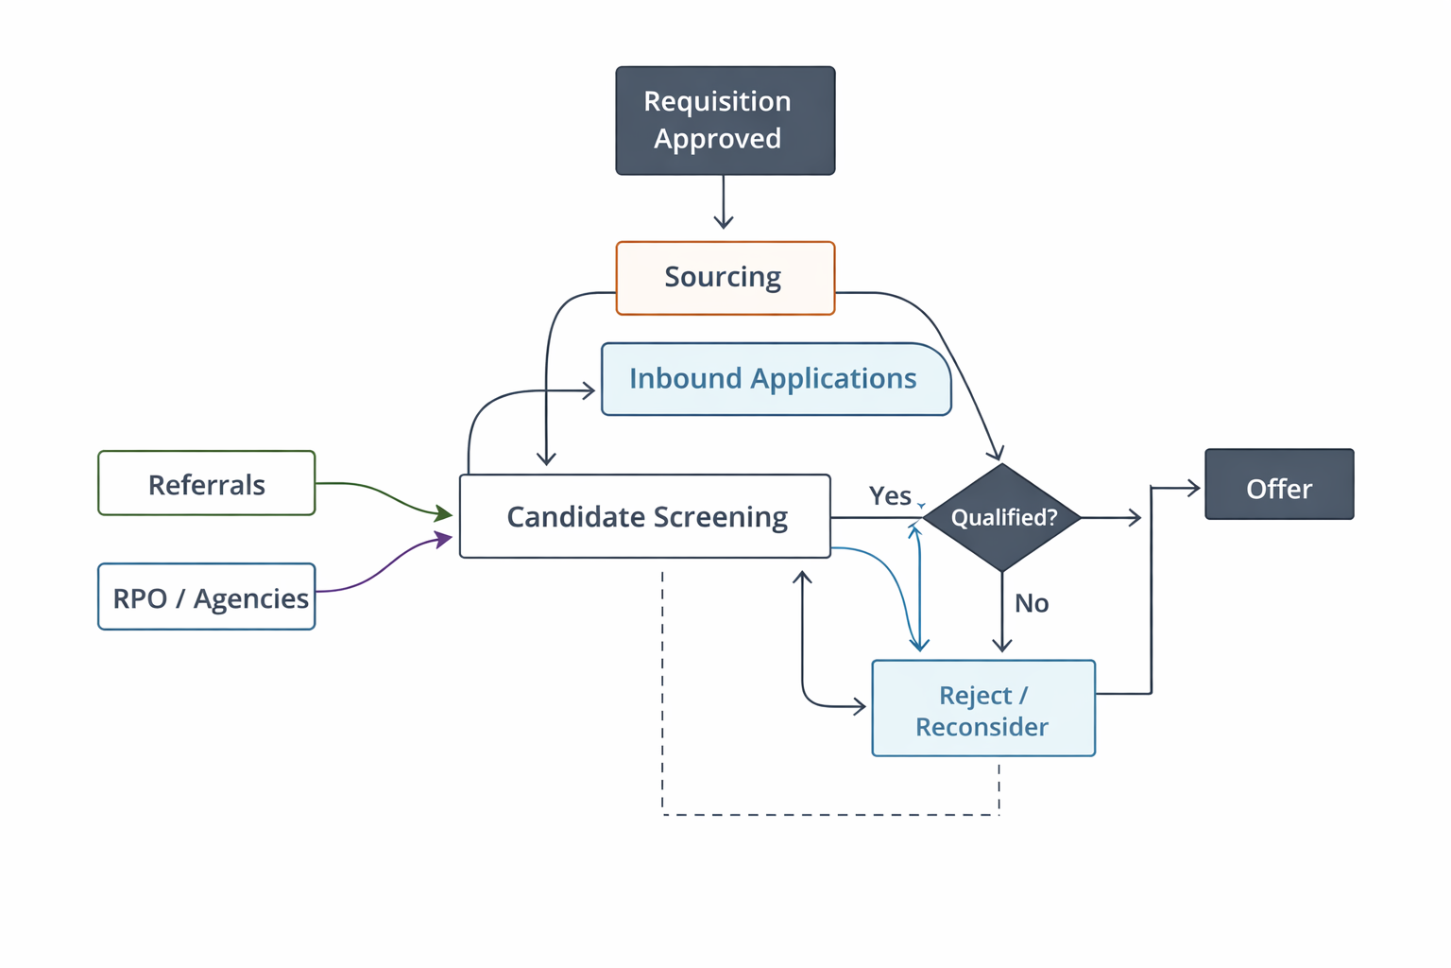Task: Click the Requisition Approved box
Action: pos(725,120)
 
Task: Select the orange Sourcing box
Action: pos(725,278)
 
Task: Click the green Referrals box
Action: pos(206,483)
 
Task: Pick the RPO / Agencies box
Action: pos(206,596)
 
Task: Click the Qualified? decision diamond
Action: pos(1002,517)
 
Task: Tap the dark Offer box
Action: pos(1278,484)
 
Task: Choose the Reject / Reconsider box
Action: pos(982,708)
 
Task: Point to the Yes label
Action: pos(890,495)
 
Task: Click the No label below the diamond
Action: pos(1032,603)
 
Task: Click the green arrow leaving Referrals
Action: pos(378,493)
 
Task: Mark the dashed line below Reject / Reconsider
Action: pos(831,814)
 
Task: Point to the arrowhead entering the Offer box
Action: pos(1193,489)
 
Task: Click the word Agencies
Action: pos(250,598)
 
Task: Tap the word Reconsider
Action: pos(982,727)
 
